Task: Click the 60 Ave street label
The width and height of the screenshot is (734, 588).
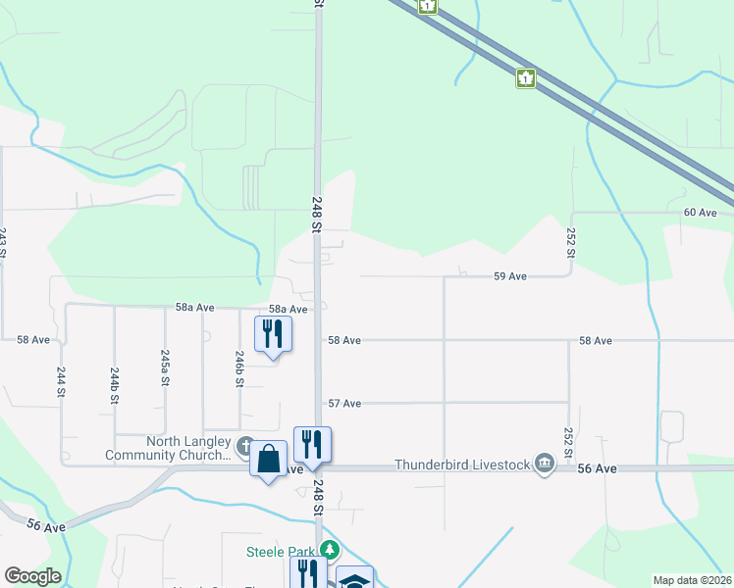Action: coord(700,213)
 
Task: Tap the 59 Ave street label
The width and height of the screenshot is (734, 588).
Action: coord(510,277)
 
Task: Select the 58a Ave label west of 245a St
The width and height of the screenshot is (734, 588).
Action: coord(194,308)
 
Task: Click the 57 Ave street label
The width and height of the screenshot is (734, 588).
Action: coord(344,404)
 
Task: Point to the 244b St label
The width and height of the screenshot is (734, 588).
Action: coord(115,386)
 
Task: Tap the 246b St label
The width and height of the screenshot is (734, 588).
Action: coord(238,368)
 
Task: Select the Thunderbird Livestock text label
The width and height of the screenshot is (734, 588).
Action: coord(462,465)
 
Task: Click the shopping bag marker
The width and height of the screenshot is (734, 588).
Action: coord(269,459)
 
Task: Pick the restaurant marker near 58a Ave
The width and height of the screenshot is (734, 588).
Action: coord(274,333)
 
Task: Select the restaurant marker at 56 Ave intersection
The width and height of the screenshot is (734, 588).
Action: coord(312,444)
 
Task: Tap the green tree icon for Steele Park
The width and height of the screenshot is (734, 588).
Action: coord(333,550)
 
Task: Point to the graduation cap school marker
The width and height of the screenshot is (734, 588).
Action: coord(354,579)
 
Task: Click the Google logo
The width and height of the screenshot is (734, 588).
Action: coord(32,576)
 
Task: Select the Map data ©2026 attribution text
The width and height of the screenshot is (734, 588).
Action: coord(692,580)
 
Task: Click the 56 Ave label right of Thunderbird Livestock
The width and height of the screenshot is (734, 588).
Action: coord(598,469)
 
